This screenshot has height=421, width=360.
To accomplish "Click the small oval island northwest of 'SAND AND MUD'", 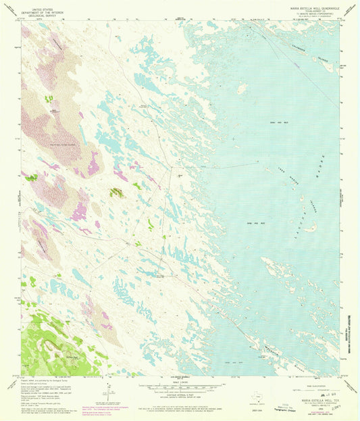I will (x=241, y=89).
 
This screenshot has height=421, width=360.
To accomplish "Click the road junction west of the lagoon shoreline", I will (x=171, y=168).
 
